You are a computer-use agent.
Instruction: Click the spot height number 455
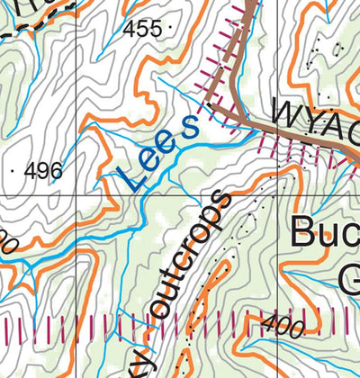click(143, 29)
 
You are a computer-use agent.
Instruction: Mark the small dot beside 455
click(171, 30)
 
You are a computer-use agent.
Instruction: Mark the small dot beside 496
click(15, 169)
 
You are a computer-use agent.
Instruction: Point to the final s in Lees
click(190, 127)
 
